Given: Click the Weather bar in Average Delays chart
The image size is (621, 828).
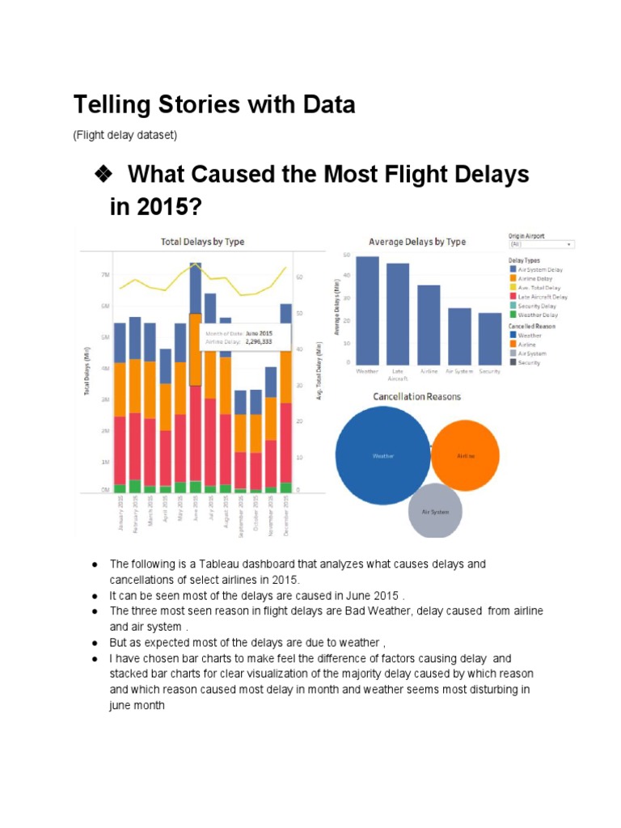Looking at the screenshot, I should tap(367, 310).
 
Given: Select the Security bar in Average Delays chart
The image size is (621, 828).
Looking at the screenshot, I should tap(489, 339).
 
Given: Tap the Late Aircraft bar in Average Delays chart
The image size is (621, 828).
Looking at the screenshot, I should tap(398, 314).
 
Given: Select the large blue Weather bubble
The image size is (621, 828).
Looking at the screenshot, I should tap(382, 455).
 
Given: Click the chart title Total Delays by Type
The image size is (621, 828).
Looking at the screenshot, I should tap(202, 241).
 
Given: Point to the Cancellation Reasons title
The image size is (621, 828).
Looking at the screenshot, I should tap(416, 396).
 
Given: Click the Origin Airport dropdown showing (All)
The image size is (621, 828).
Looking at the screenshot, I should tap(541, 243).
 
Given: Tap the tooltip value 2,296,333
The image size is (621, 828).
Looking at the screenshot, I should tap(256, 342).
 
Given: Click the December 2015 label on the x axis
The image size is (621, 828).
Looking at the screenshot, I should tap(286, 515).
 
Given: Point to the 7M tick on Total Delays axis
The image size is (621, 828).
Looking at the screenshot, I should tap(105, 275).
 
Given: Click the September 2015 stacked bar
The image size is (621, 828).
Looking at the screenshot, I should tap(240, 441).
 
